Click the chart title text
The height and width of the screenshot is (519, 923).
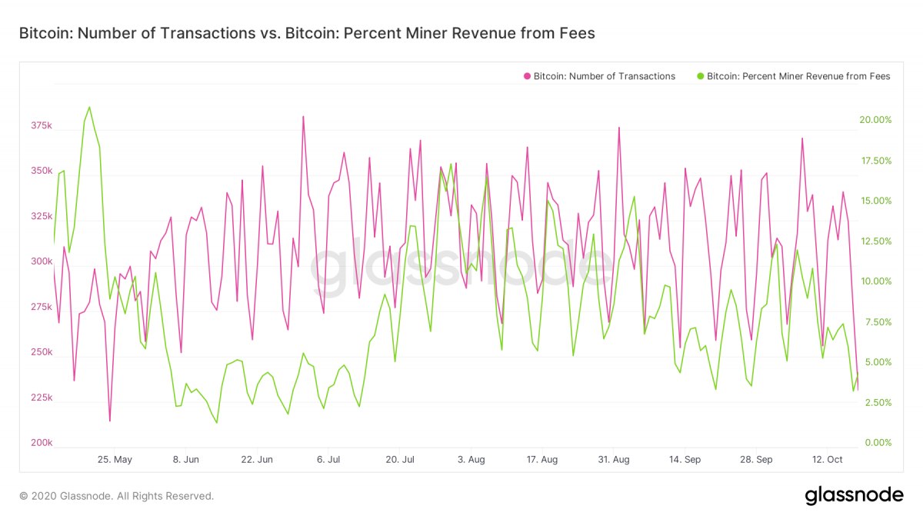tap(306, 33)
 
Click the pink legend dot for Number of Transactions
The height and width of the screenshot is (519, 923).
tap(527, 76)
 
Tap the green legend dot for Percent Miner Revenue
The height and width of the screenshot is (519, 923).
tap(700, 76)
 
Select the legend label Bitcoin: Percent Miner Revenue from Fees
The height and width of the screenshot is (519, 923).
tap(798, 76)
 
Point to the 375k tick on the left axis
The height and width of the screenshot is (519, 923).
tap(41, 125)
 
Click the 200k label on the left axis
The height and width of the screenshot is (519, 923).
tap(41, 444)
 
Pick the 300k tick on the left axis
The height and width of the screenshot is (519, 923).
tap(41, 262)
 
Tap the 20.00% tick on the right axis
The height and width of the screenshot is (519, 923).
tap(875, 120)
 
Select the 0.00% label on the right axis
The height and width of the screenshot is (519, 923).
tap(877, 443)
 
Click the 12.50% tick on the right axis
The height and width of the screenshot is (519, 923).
tap(875, 241)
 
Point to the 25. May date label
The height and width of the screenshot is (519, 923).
tap(115, 460)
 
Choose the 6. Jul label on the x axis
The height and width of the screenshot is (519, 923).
tap(328, 460)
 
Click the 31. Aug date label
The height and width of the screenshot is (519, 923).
tap(614, 460)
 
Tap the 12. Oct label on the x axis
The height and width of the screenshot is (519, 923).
tap(828, 460)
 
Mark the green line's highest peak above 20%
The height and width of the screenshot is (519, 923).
tap(89, 108)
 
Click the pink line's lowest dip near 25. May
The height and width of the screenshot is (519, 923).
tap(110, 421)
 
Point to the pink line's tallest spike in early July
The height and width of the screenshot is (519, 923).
tap(303, 117)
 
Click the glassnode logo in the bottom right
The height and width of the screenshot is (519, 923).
tap(854, 496)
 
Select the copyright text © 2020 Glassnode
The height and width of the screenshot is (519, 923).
tap(116, 496)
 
